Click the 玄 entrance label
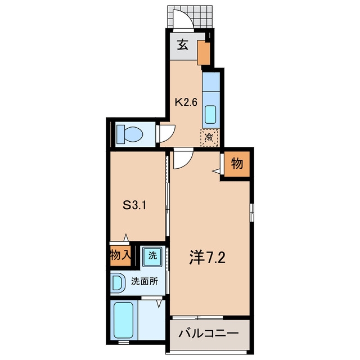tap(183, 45)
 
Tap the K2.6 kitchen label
tap(186, 102)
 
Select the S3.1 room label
tap(134, 205)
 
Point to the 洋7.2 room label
tap(208, 258)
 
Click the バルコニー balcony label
tap(209, 333)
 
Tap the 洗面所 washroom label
tap(145, 281)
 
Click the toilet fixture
tap(130, 134)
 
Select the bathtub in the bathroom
tap(124, 320)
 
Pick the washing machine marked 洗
tap(152, 256)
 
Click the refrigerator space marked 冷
tap(209, 137)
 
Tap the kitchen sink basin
tap(210, 114)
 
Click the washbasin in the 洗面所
tap(118, 282)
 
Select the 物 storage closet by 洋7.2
tap(237, 164)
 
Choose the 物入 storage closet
tap(120, 255)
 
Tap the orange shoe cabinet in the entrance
tap(204, 52)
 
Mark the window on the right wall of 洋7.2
tap(252, 213)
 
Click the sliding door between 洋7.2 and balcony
tap(197, 318)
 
